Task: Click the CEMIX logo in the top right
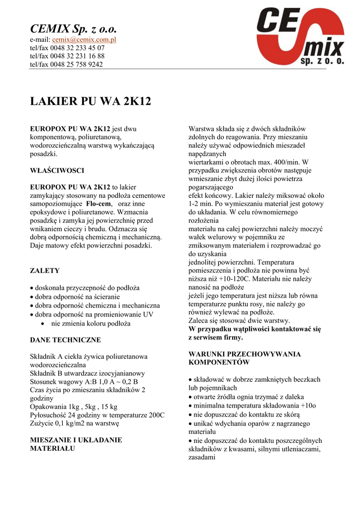300,38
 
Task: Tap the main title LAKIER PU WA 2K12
90,102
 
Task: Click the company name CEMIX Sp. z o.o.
73,28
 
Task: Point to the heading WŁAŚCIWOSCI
57,170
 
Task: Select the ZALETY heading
45,271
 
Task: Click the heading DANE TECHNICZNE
66,340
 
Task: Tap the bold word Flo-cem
98,204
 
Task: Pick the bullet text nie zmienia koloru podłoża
90,324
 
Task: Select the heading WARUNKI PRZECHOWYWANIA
245,354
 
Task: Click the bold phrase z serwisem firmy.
215,338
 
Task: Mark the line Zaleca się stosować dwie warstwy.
239,321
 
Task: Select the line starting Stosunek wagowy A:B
84,381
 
